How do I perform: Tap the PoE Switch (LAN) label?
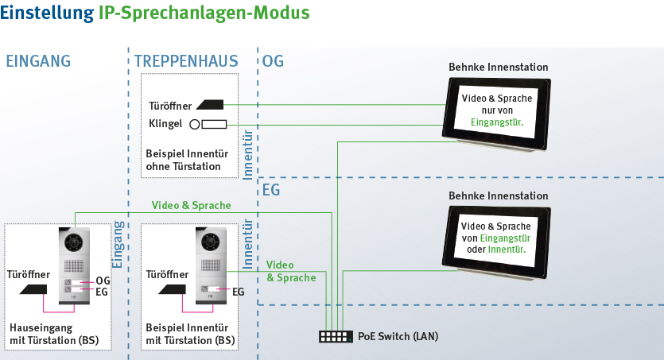398,337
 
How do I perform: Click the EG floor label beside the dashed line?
272,192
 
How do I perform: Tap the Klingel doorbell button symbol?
209,124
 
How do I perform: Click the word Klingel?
165,125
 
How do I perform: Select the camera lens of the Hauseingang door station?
75,241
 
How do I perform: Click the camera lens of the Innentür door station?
211,241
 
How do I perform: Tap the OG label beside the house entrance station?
103,281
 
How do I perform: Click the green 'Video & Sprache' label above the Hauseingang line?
191,206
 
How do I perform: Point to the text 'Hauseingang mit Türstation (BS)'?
54,334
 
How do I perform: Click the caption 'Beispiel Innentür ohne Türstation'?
183,160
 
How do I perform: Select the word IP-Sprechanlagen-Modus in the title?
204,14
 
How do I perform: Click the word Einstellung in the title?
48,14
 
